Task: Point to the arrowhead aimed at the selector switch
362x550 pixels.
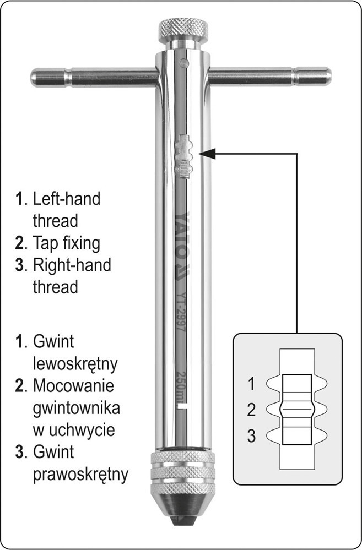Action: click(204, 155)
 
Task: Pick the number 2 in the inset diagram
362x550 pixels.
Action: click(251, 410)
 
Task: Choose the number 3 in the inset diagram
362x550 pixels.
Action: click(251, 437)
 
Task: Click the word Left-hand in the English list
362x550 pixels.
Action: click(67, 199)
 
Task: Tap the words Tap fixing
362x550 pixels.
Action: click(67, 242)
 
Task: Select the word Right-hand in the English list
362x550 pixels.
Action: click(72, 265)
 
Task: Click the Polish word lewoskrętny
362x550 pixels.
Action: click(74, 364)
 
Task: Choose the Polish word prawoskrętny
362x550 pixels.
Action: click(80, 473)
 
